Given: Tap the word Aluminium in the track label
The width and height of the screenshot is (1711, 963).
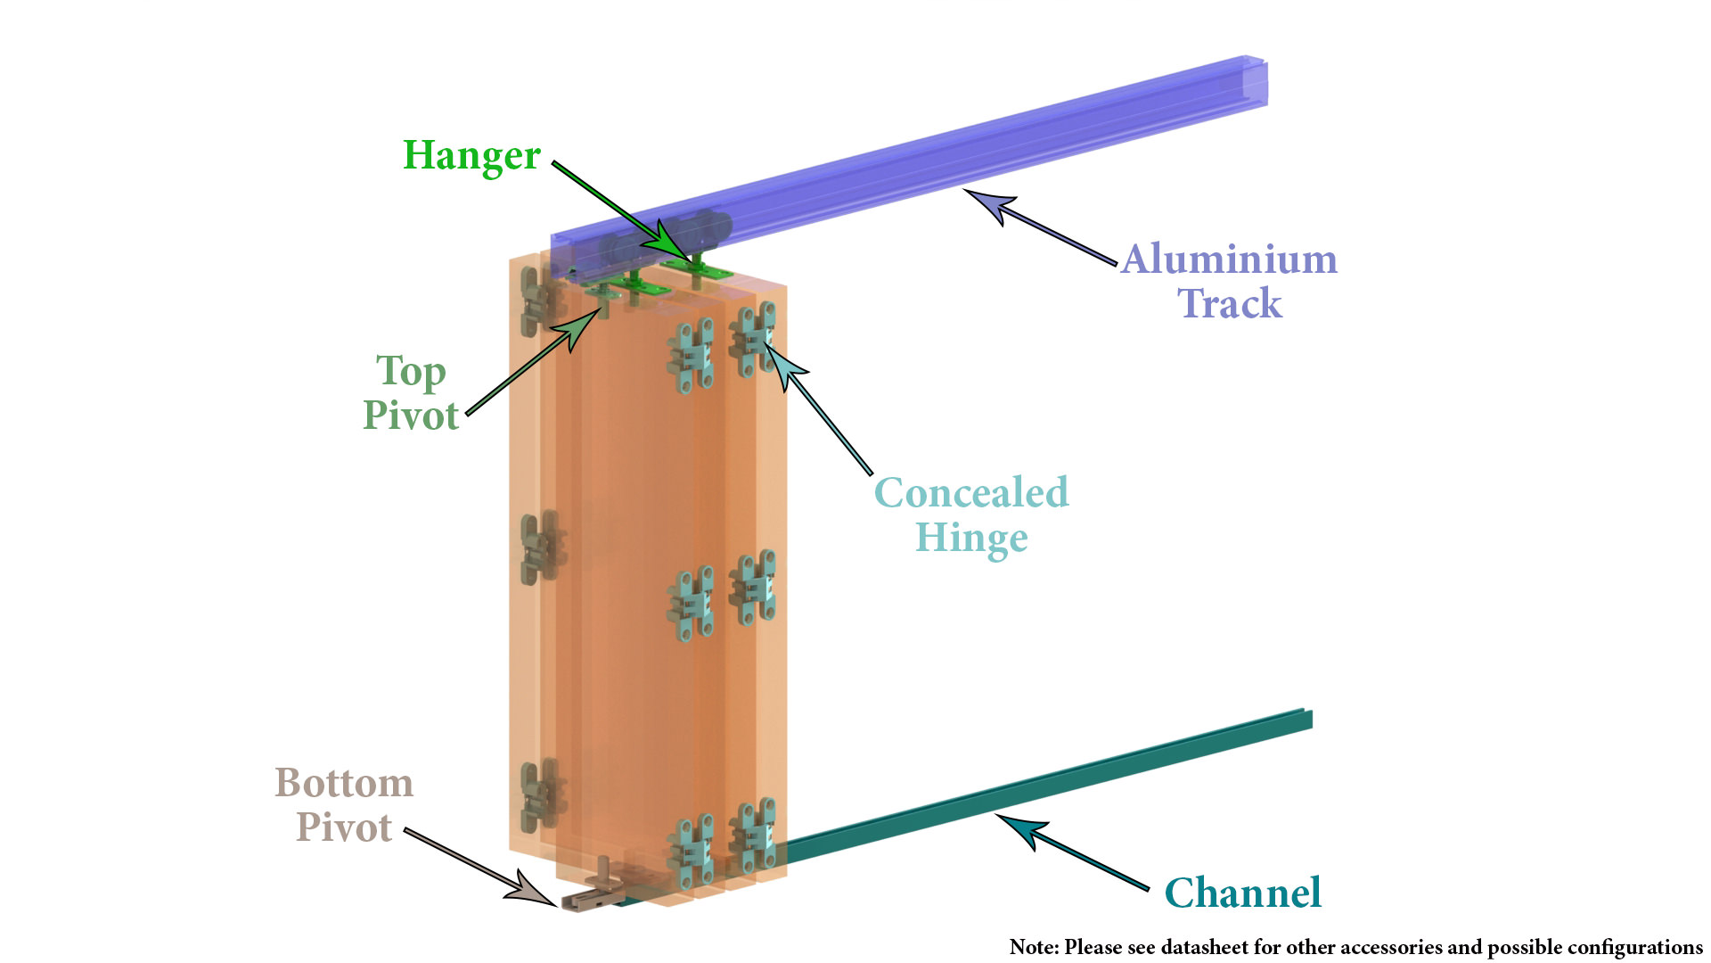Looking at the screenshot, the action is pyautogui.click(x=1230, y=259).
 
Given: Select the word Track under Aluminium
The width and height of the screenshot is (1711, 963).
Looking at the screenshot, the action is pyautogui.click(x=1230, y=303).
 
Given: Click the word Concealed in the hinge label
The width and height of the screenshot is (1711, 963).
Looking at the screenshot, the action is pyautogui.click(x=971, y=492).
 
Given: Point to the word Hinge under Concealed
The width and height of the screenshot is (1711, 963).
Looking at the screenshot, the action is pyautogui.click(x=971, y=539).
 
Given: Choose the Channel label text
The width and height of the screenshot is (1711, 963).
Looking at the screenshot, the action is pyautogui.click(x=1243, y=893).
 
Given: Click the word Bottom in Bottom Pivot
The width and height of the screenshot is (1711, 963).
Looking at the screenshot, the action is pyautogui.click(x=344, y=783).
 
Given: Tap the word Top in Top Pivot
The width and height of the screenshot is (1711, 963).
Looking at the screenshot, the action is pyautogui.click(x=411, y=372).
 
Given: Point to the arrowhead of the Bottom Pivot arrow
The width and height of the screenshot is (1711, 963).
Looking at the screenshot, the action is pyautogui.click(x=533, y=892).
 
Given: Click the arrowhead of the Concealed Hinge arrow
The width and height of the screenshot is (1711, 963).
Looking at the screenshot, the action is pyautogui.click(x=782, y=364).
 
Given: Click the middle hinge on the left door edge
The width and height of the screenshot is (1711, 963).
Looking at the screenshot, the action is pyautogui.click(x=542, y=547).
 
